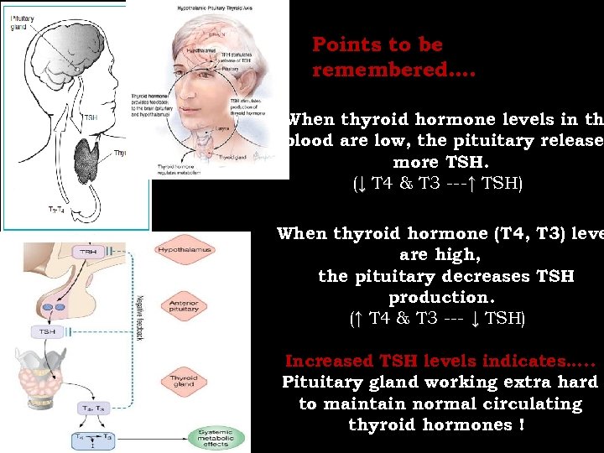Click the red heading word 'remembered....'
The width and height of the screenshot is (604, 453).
393,70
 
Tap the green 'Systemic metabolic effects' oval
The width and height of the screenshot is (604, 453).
216,437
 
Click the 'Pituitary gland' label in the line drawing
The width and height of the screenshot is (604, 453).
22,20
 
